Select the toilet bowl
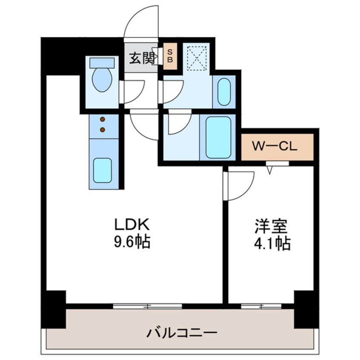pos(102,80)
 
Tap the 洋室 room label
pos(271,226)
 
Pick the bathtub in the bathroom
pos(218,137)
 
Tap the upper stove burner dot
pos(103,120)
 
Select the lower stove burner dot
pos(103,129)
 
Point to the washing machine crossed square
pos(197,59)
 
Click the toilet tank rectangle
pos(102,63)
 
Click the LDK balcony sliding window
pos(148,306)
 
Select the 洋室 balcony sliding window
pos(260,306)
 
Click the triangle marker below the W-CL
pos(269,171)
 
